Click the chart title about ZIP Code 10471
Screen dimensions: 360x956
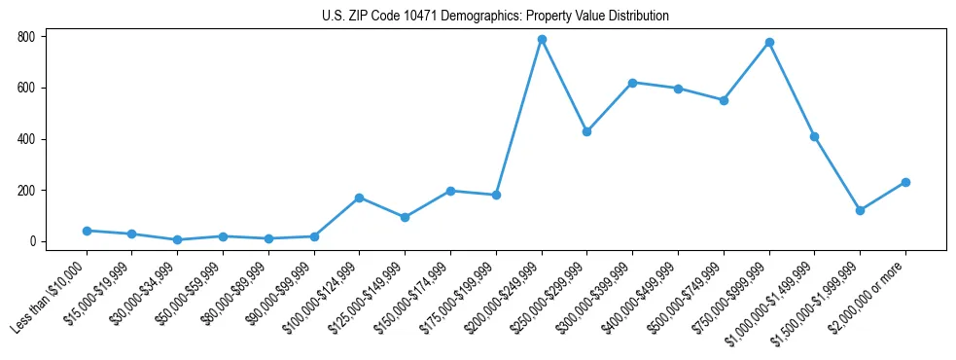point(495,17)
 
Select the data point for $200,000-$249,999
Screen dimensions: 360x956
point(542,40)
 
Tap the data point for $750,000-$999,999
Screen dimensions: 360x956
point(769,43)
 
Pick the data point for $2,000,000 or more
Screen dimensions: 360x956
point(905,182)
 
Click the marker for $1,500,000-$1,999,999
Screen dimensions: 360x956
point(860,210)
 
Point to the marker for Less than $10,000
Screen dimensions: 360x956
point(87,231)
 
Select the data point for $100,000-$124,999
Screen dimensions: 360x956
point(360,198)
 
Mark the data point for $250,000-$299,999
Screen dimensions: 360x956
point(586,131)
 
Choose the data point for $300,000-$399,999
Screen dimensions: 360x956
point(632,83)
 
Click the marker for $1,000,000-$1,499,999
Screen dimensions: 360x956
point(815,136)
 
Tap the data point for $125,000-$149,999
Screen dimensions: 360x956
point(405,217)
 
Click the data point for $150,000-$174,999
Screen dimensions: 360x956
point(450,191)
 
